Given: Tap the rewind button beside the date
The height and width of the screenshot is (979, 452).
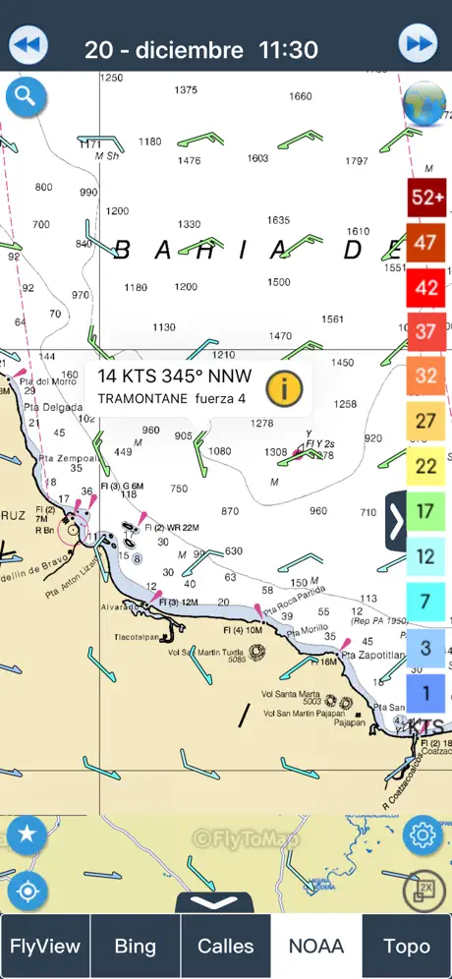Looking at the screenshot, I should pos(28,45).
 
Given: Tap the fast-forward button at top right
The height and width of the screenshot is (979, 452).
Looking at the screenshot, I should pos(419,44).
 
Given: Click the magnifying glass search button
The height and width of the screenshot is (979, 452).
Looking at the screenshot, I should pos(26,96).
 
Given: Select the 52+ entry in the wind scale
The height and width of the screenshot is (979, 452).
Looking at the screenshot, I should pos(426,197).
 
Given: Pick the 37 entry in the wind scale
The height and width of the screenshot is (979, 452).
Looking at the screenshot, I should pos(426,330).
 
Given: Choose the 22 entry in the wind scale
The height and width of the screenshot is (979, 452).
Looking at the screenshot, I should pos(426,465).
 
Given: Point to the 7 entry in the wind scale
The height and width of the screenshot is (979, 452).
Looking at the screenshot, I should pos(426,601).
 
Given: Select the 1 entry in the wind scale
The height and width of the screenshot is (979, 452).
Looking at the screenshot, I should pos(426,692).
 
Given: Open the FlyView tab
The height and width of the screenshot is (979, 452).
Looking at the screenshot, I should pos(45,947).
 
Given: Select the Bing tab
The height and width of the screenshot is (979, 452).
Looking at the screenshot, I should pos(136,947).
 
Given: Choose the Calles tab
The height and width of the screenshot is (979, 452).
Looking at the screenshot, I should pos(226,947).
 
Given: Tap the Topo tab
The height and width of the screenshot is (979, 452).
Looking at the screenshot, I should pos(407,947).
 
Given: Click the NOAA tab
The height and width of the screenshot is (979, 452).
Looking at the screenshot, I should pos(316,947).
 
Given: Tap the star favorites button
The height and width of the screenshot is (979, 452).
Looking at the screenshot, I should pos(27,835).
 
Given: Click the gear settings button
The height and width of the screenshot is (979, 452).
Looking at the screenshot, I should pos(424,835).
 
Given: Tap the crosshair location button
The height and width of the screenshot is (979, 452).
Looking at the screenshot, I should pos(27,892).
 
